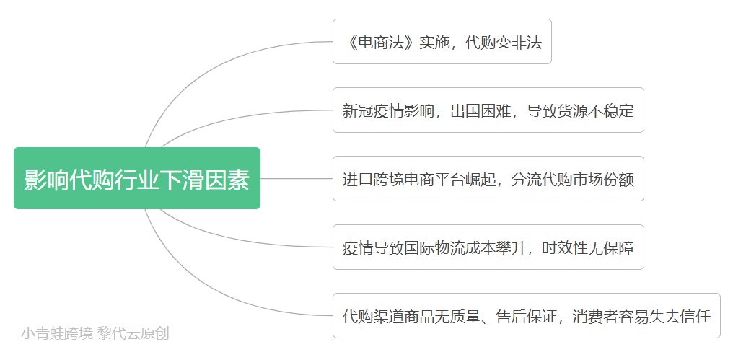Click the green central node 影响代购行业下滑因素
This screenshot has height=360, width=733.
[137, 178]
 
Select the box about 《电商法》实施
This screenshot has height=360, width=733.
[442, 42]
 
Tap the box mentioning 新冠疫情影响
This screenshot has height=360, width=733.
[488, 110]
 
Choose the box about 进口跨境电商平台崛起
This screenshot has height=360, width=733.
[488, 179]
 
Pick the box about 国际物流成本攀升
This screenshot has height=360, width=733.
[488, 247]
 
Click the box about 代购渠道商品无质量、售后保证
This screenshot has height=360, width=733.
[527, 315]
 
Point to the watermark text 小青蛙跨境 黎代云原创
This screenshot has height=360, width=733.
[95, 334]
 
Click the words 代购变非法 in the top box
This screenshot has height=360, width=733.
[504, 43]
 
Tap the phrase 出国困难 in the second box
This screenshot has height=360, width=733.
[481, 111]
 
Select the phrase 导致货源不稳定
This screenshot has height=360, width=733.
[581, 111]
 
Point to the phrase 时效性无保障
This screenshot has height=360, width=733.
[588, 248]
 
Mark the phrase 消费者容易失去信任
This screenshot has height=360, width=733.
[642, 317]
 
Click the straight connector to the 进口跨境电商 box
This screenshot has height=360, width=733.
[297, 179]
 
